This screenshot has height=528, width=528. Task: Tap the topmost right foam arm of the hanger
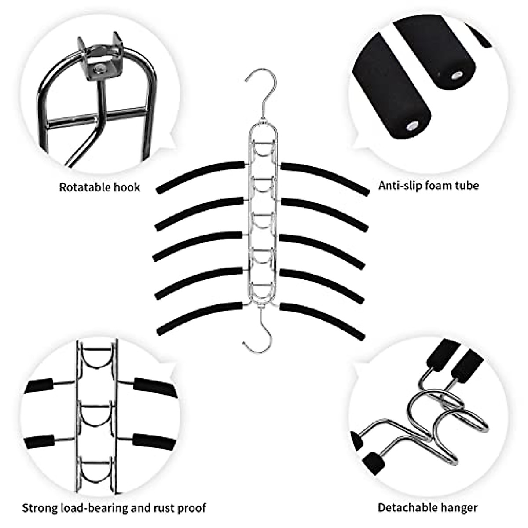[x=326, y=175]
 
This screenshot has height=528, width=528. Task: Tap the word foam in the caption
[x=440, y=185]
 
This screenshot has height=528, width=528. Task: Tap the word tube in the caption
[x=467, y=185]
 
